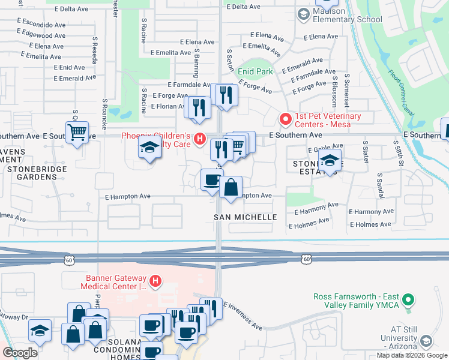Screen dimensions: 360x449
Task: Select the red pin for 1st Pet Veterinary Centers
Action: (x=286, y=119)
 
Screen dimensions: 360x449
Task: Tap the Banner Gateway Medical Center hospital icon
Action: (x=155, y=280)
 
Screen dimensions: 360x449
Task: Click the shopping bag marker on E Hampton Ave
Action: (x=231, y=188)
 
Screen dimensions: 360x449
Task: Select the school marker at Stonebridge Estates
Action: (x=329, y=161)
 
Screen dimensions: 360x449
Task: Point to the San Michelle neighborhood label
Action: (x=246, y=217)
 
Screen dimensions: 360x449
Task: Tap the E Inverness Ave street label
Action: (x=243, y=316)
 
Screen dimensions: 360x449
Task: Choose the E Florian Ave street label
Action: (x=167, y=106)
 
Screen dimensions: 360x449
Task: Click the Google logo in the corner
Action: (x=20, y=353)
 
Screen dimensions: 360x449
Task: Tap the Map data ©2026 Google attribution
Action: (x=411, y=355)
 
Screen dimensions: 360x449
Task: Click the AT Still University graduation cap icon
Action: (x=426, y=341)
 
